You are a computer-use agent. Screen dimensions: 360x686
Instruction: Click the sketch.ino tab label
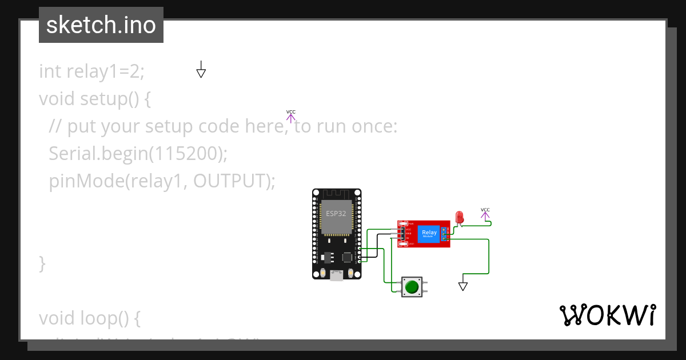click(x=101, y=25)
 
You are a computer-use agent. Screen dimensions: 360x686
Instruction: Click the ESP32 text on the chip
click(x=336, y=213)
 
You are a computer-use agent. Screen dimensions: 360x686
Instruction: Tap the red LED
click(x=459, y=217)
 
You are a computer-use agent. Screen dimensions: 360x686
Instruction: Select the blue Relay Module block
click(x=429, y=234)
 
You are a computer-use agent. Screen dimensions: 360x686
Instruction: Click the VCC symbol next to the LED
click(x=485, y=214)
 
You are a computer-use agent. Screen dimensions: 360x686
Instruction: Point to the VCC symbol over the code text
click(x=290, y=117)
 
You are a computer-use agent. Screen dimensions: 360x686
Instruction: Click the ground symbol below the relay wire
click(x=463, y=285)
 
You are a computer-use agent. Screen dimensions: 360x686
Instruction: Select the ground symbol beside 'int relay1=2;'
click(x=201, y=70)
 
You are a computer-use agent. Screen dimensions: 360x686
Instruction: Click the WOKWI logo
click(x=607, y=315)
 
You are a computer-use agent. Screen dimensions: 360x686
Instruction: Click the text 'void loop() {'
click(x=89, y=317)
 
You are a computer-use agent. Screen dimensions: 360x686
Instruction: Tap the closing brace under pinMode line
click(x=42, y=263)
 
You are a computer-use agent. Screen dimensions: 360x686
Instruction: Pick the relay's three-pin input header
click(x=403, y=234)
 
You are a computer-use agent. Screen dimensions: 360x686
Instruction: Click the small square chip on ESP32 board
click(x=347, y=257)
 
